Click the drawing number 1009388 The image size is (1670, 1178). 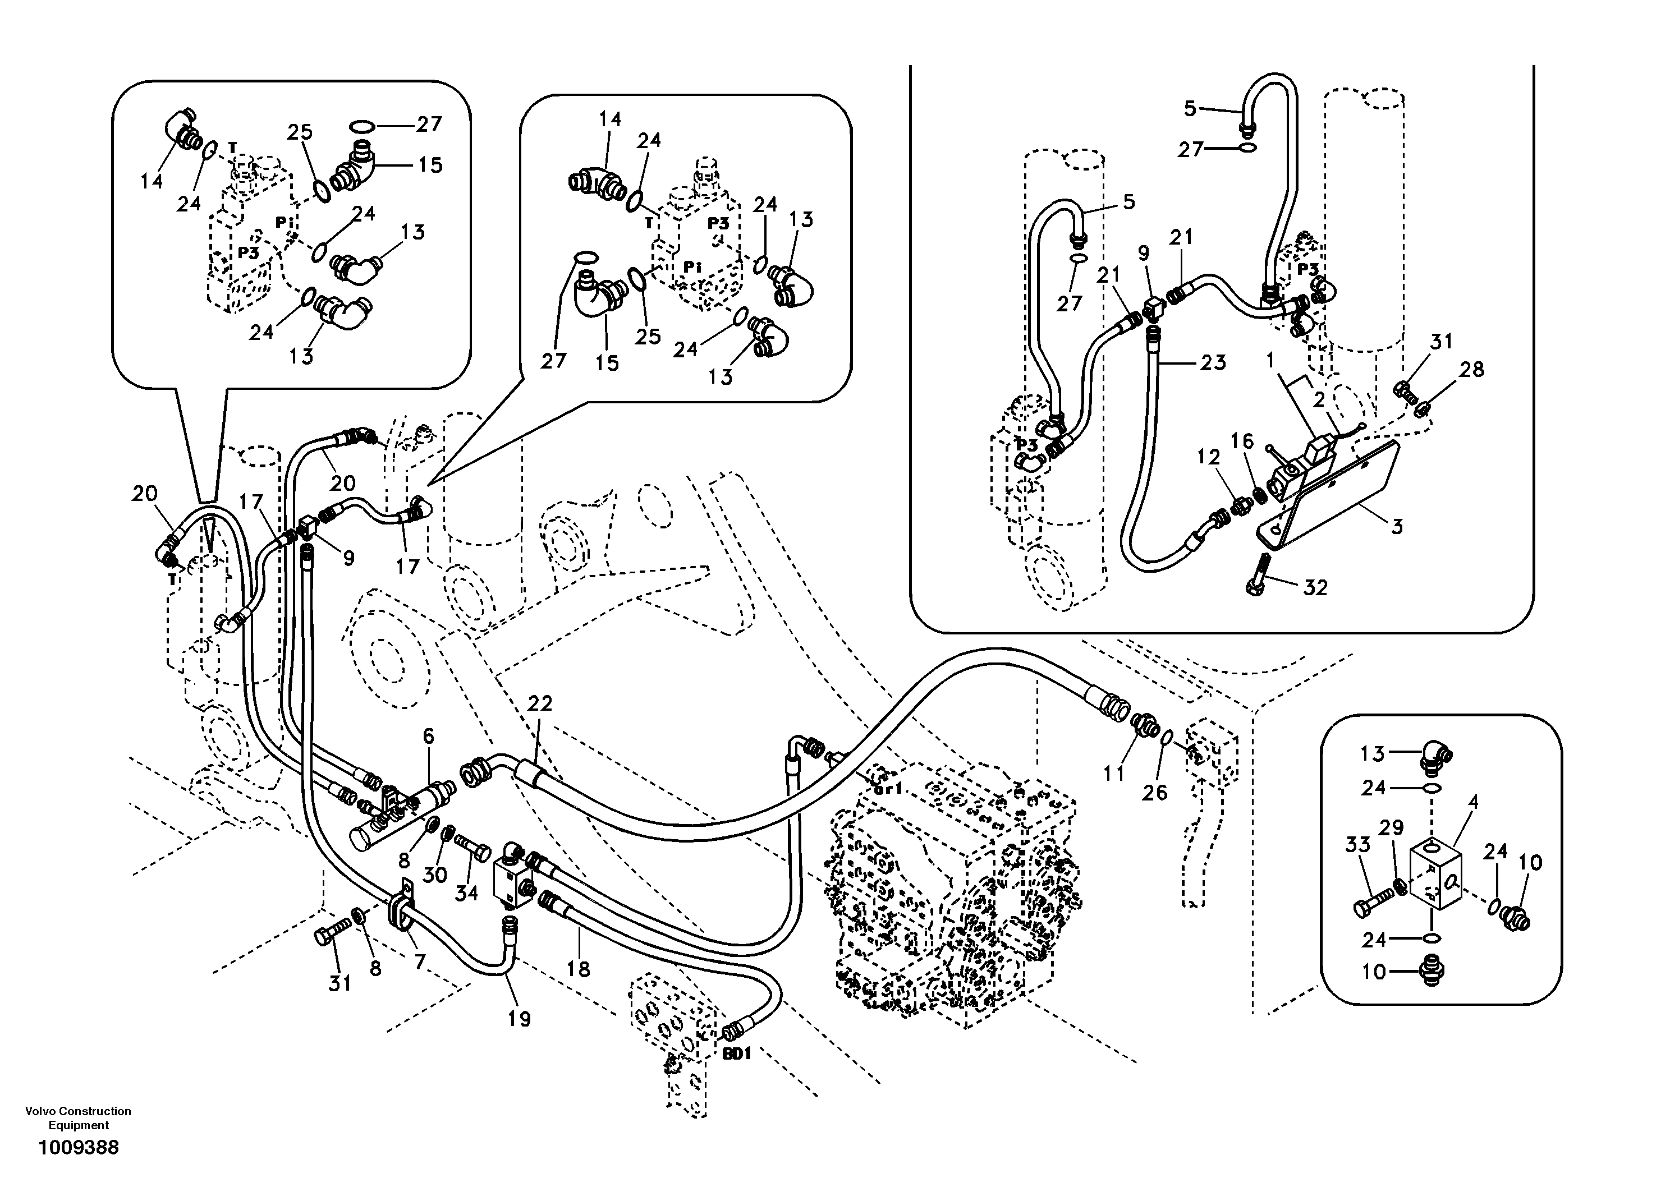79,1148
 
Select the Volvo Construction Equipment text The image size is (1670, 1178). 78,1117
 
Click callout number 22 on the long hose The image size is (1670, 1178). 540,703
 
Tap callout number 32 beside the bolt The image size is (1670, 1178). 1315,587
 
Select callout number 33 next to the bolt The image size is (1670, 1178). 1357,844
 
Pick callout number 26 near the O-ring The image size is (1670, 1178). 1154,793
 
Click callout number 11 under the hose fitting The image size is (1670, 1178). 1113,774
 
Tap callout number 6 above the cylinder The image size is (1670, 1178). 428,736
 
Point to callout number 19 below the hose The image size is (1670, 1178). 519,1019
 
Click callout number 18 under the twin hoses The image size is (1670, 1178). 579,969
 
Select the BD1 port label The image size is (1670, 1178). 736,1053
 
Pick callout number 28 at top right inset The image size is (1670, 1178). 1471,370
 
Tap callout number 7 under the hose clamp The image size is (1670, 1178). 420,962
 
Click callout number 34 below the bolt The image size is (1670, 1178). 466,892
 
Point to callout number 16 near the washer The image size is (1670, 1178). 1242,441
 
